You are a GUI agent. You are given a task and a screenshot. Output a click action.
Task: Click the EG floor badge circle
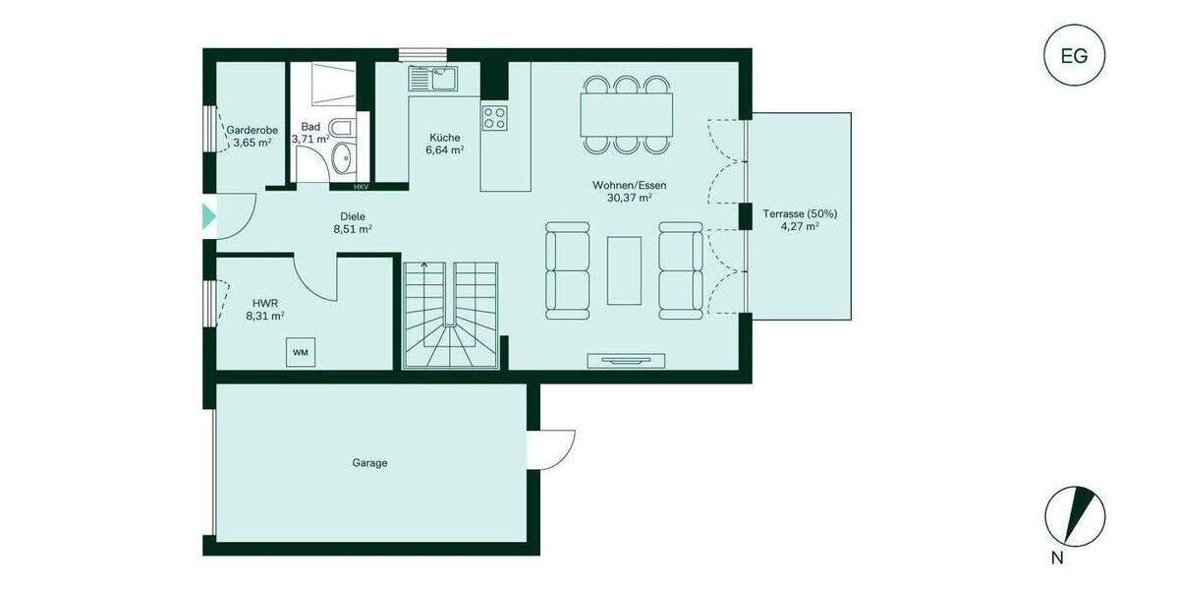pyautogui.click(x=1074, y=55)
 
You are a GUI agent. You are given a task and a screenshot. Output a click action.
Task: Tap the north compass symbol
pyautogui.click(x=1075, y=516)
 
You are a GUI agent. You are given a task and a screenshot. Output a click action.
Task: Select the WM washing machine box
pyautogui.click(x=300, y=352)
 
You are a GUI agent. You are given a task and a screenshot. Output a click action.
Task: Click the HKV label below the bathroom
pyautogui.click(x=362, y=186)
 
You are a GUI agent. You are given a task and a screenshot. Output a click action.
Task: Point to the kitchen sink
pyautogui.click(x=433, y=77)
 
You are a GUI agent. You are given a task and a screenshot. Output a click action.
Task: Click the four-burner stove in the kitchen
pyautogui.click(x=494, y=118)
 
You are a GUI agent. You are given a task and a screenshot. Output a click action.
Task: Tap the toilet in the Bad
pyautogui.click(x=339, y=130)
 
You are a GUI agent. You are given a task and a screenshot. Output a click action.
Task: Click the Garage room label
pyautogui.click(x=369, y=462)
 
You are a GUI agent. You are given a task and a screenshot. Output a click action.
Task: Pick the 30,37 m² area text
pyautogui.click(x=630, y=198)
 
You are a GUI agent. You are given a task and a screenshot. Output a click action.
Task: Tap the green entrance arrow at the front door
pyautogui.click(x=208, y=216)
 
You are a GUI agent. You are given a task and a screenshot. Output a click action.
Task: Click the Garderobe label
pyautogui.click(x=253, y=130)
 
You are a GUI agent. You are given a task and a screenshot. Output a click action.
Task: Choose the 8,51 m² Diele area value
pyautogui.click(x=352, y=229)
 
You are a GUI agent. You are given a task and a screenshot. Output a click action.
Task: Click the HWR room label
pyautogui.click(x=264, y=303)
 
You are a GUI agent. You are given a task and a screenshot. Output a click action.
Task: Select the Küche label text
pyautogui.click(x=444, y=138)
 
